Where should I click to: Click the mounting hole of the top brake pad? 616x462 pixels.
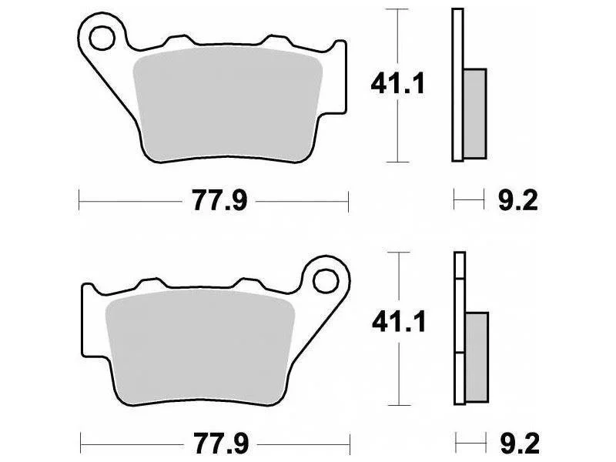[102, 38]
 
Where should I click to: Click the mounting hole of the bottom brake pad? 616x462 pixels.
[326, 281]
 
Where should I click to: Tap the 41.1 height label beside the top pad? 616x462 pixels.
[397, 84]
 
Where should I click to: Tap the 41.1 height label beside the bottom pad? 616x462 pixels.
[399, 323]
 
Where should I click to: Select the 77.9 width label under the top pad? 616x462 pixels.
[219, 201]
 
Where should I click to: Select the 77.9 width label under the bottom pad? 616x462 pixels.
[221, 444]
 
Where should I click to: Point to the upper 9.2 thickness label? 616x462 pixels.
[517, 201]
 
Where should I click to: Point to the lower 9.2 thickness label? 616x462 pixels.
[519, 444]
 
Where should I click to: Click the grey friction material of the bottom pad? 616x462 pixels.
[200, 348]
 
